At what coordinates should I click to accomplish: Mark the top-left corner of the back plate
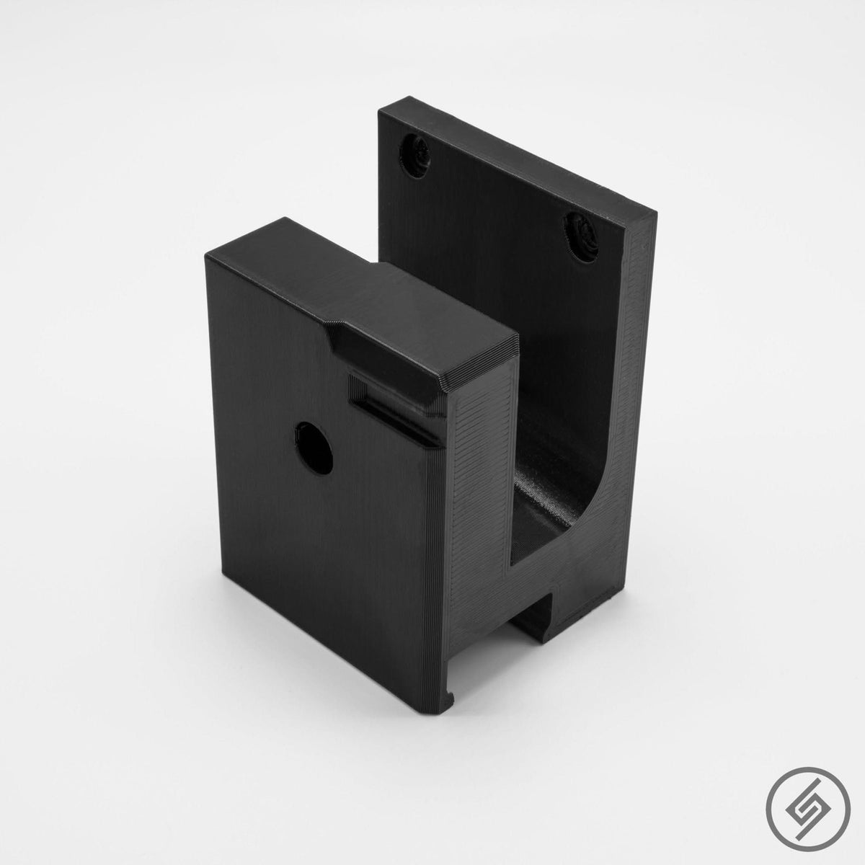380,110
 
